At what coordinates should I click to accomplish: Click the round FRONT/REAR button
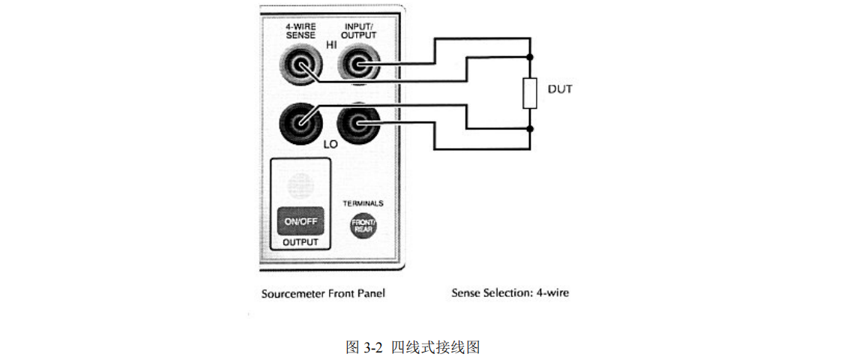click(364, 226)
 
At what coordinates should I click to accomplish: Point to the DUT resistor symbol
click(530, 93)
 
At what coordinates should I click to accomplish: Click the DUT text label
click(560, 89)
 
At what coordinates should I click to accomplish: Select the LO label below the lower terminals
click(331, 143)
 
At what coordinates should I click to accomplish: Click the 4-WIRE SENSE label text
click(300, 31)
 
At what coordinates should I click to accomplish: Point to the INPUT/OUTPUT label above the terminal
click(359, 31)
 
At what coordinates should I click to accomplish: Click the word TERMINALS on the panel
click(364, 203)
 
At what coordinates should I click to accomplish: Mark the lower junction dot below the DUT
click(530, 129)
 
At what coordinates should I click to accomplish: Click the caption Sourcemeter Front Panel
click(323, 293)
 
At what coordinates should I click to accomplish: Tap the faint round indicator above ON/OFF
click(300, 184)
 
